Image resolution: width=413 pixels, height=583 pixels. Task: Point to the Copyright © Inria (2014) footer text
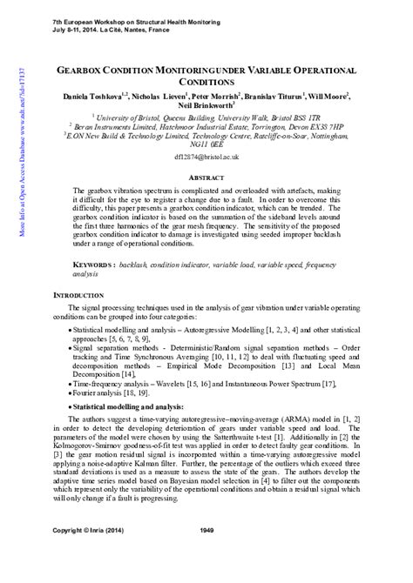tap(88, 554)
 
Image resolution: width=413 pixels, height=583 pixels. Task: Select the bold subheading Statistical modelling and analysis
tap(127, 406)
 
